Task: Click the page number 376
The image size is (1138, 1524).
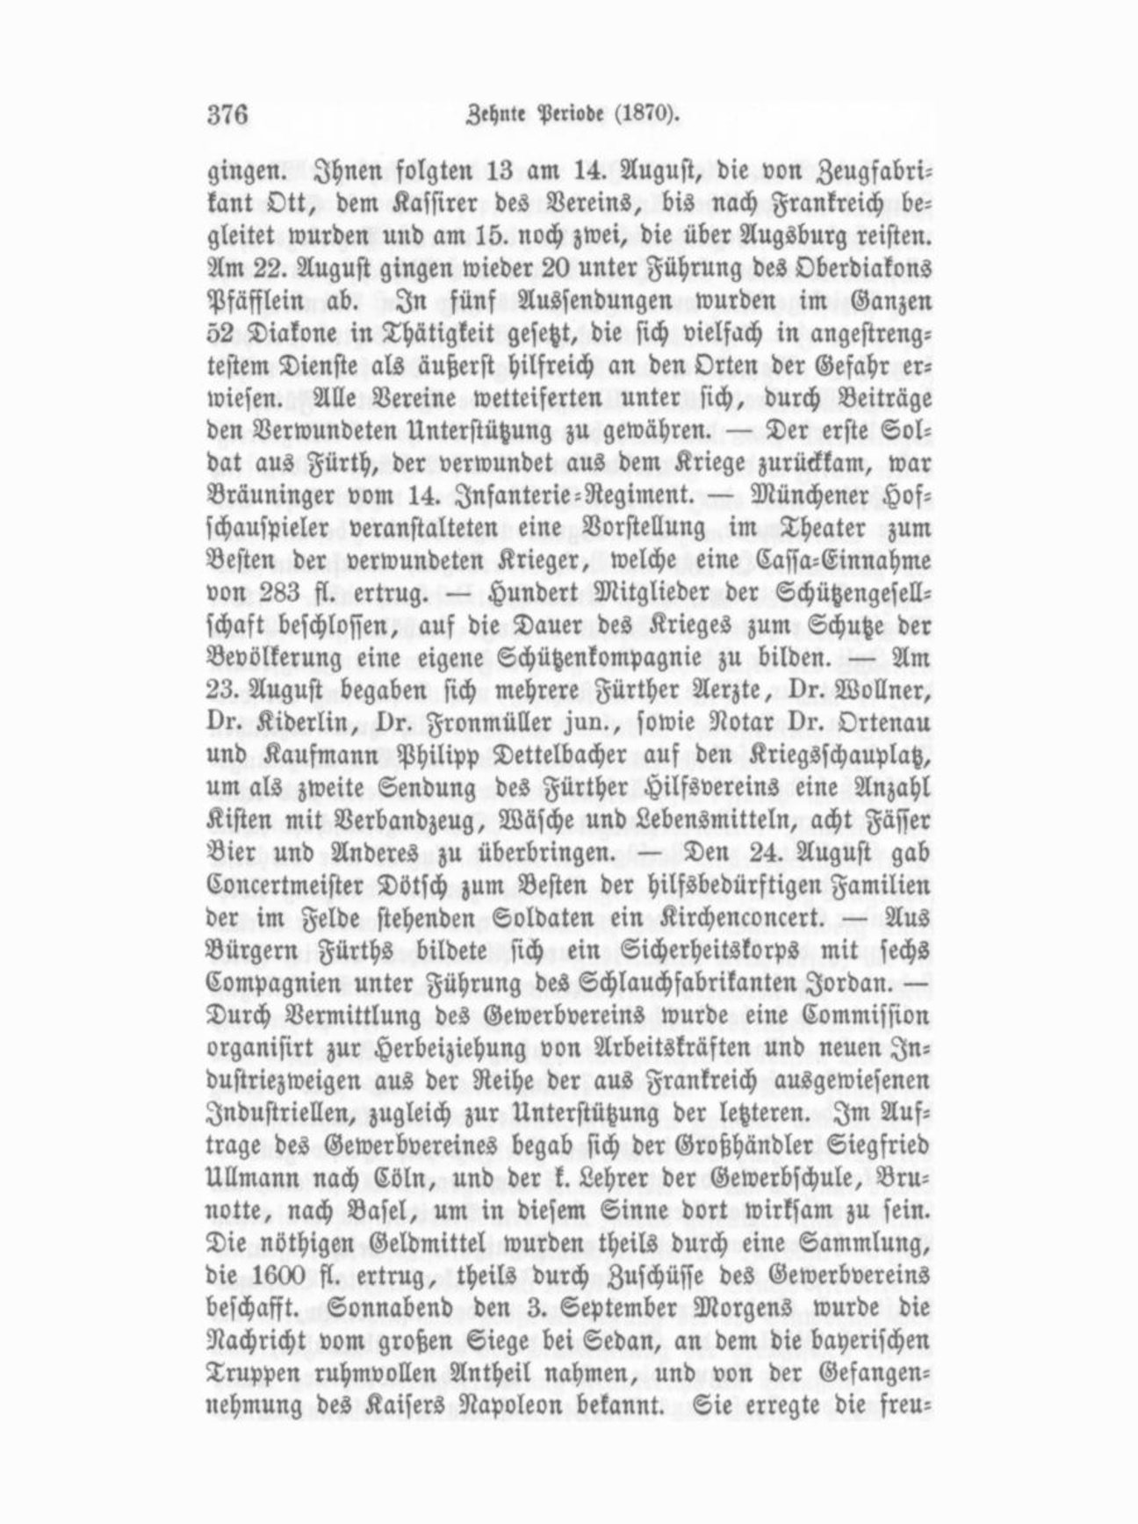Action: (x=228, y=115)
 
